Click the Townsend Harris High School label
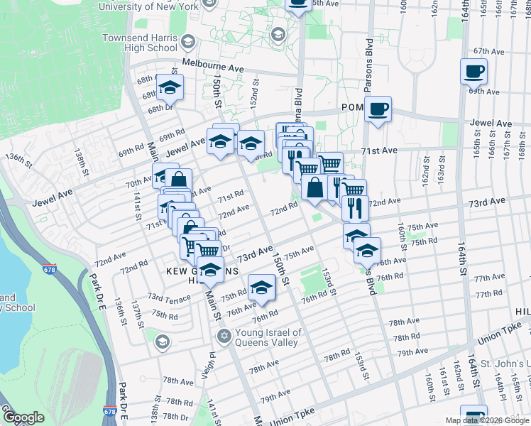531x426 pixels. [139, 43]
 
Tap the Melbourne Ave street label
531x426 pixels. [213, 63]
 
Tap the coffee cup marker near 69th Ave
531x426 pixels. [473, 71]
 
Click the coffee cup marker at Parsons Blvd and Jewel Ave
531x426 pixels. [378, 109]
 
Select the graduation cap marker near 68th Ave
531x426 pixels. [170, 88]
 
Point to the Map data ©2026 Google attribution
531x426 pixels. [486, 420]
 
